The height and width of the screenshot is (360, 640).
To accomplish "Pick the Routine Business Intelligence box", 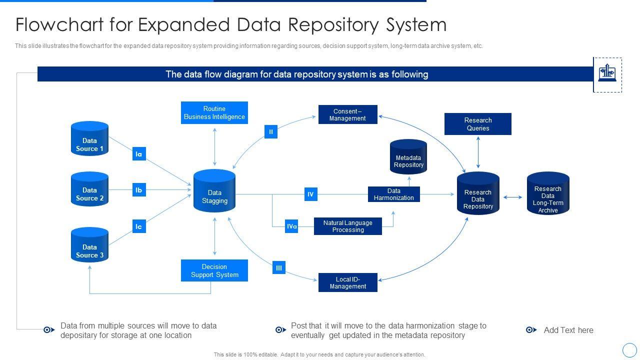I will [214, 113].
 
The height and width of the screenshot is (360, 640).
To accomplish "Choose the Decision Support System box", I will [214, 270].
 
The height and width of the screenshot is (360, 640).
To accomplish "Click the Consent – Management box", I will [348, 114].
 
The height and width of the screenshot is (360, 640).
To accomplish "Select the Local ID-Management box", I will [348, 282].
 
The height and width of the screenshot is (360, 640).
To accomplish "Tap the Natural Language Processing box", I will [348, 226].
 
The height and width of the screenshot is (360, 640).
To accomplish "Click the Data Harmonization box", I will [394, 194].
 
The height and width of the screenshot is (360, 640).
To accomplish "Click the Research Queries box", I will [478, 124].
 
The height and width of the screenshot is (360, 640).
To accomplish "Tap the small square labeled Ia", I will [139, 154].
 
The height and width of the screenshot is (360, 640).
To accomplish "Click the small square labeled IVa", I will [292, 226].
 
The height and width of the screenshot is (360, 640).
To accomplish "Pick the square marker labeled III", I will [279, 267].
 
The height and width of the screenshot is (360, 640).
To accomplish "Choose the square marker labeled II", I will [271, 132].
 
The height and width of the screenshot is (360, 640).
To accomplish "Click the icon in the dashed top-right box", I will [607, 74].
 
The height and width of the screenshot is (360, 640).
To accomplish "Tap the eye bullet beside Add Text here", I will [531, 330].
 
